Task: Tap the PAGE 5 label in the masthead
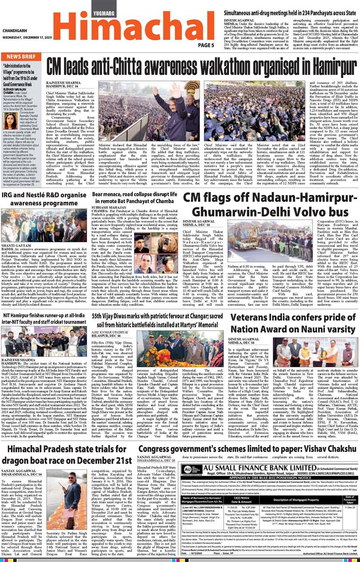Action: click(x=206, y=45)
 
